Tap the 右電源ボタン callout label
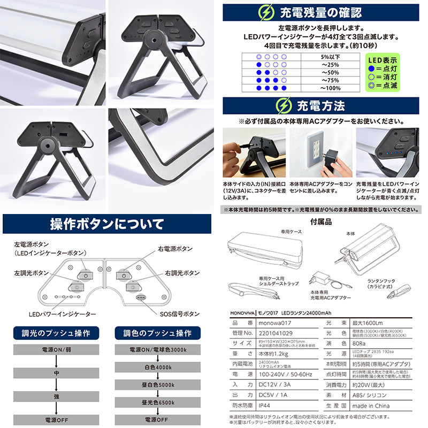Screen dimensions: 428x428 pyautogui.click(x=175, y=249)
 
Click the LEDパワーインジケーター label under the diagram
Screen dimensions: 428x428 pyautogui.click(x=63, y=314)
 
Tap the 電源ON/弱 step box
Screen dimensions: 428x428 pyautogui.click(x=57, y=349)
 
